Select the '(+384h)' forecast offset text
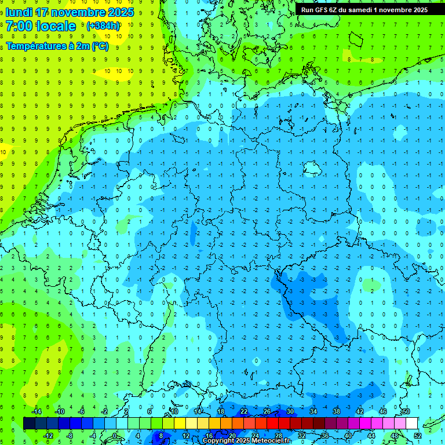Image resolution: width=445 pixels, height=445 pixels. point(103,26)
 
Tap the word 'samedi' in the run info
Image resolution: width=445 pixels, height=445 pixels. point(362,10)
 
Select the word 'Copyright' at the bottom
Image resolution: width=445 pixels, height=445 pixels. point(218,441)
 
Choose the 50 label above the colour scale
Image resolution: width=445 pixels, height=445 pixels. point(406,411)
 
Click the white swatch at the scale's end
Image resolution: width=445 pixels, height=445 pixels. point(411,424)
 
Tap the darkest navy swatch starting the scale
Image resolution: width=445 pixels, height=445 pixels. point(29,424)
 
